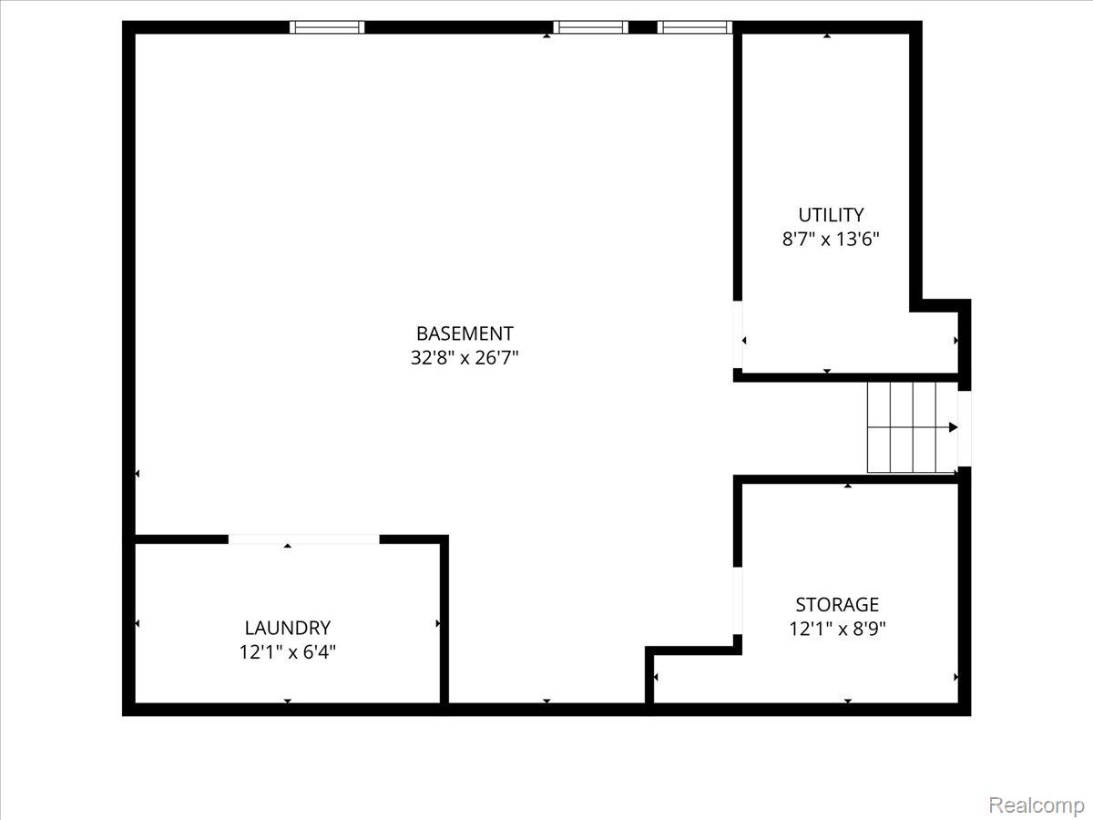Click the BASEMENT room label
(x=465, y=333)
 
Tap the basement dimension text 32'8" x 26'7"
(x=465, y=357)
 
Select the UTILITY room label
(x=831, y=215)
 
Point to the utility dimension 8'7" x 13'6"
(x=831, y=239)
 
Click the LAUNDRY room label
(x=287, y=628)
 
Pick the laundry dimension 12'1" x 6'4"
(x=287, y=651)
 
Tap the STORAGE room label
(x=837, y=604)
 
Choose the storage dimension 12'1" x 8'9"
(x=837, y=628)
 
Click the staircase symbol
(x=911, y=427)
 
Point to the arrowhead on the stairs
(x=953, y=427)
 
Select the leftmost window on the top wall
(x=327, y=27)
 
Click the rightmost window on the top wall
(x=695, y=27)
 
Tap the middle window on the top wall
(x=591, y=27)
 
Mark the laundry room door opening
(x=303, y=539)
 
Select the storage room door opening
(x=738, y=600)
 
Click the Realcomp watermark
(x=1036, y=805)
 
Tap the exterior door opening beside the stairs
(x=965, y=427)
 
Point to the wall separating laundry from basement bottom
(x=444, y=620)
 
